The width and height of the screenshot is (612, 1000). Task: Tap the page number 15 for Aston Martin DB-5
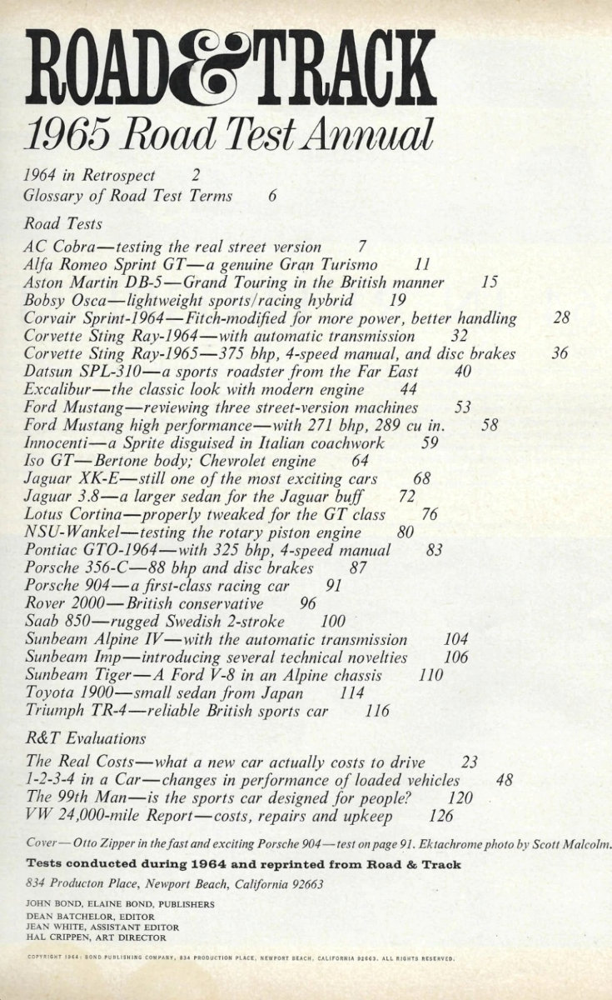click(x=490, y=282)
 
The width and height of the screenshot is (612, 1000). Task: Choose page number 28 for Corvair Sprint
click(x=561, y=318)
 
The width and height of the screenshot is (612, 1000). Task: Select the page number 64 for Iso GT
click(x=361, y=461)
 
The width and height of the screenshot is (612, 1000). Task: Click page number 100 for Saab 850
click(x=333, y=622)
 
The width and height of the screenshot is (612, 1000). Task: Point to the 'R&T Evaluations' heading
click(x=87, y=738)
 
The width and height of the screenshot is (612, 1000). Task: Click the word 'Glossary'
click(x=54, y=197)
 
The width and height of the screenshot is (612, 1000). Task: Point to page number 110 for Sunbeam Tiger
click(x=430, y=675)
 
